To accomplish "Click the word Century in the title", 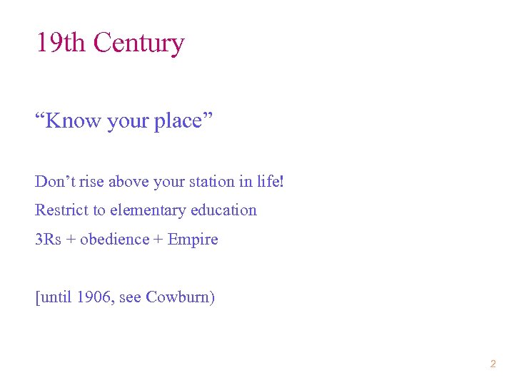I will coord(138,43).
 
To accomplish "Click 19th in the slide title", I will coord(61,43).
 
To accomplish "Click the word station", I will coord(211,181).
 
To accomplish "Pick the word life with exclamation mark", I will coord(271,181).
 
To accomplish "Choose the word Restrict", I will coord(59,210).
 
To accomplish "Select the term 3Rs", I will coord(49,240).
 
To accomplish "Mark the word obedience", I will coord(114,240).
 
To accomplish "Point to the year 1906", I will coord(89,297).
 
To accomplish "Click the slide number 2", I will coord(493,364).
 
